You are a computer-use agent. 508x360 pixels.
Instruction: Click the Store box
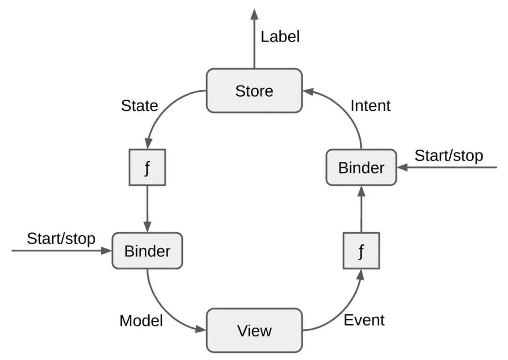pos(254,90)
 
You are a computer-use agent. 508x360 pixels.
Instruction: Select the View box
pos(254,330)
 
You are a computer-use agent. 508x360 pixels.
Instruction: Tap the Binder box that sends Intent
pos(361,168)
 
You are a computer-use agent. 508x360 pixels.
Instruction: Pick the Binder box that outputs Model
pos(147,251)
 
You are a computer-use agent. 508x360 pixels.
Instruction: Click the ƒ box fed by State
pos(148,168)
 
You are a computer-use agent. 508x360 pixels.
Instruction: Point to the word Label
pos(280,37)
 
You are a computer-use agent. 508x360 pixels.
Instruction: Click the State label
pos(139,106)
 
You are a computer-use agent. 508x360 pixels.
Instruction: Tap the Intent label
pos(370,106)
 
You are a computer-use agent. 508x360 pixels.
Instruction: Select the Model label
pos(141,321)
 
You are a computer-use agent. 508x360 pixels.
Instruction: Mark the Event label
pos(364,320)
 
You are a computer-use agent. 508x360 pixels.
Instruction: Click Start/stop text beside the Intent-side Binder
pos(448,156)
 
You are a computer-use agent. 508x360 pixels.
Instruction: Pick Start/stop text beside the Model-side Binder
pos(61,239)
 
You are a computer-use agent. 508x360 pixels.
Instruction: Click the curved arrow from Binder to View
pos(162,311)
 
